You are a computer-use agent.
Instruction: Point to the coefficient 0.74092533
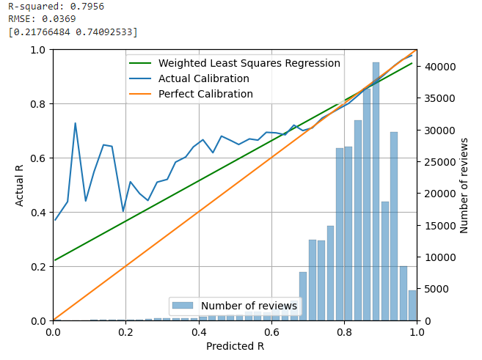(x=105, y=32)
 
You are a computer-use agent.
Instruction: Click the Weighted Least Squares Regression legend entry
(x=249, y=64)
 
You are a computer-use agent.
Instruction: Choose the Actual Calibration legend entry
(x=203, y=78)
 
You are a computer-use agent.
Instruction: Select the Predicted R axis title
(x=235, y=346)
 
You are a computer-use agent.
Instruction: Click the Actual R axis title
(x=20, y=185)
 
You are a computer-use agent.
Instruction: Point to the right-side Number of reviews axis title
(x=464, y=185)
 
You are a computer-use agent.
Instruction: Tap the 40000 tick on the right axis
(x=437, y=67)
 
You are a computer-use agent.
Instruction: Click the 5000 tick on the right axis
(x=434, y=289)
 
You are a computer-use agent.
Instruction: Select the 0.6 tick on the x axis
(x=271, y=332)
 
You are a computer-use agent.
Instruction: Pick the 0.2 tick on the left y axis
(x=37, y=267)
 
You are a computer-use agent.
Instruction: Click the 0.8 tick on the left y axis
(x=37, y=104)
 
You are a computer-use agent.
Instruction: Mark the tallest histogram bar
(x=376, y=191)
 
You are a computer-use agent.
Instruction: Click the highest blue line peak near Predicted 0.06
(x=75, y=123)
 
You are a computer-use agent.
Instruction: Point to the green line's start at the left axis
(x=54, y=260)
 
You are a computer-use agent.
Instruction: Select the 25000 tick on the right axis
(x=437, y=162)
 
